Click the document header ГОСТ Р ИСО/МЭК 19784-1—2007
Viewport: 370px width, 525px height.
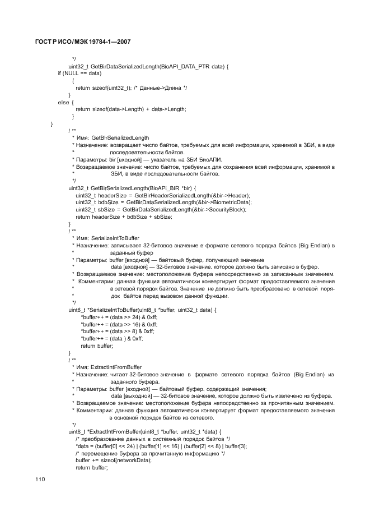click(x=82, y=43)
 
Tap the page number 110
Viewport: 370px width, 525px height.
click(x=40, y=479)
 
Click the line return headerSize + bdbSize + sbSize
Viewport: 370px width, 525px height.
click(x=124, y=217)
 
